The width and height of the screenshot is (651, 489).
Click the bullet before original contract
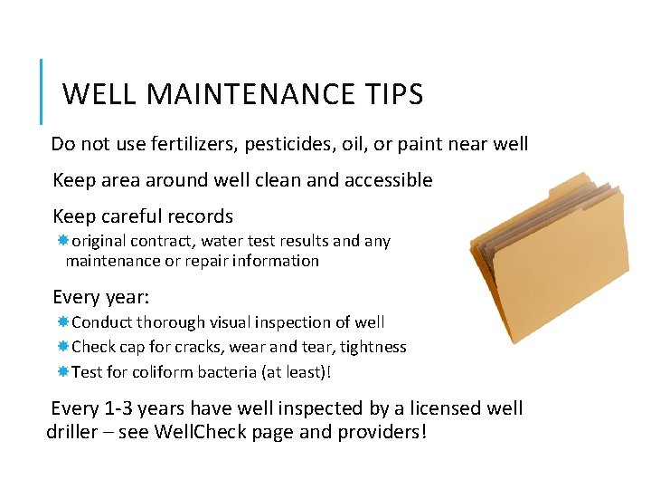tap(63, 241)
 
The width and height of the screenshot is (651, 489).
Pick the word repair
tap(223, 261)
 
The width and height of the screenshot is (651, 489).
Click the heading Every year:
tap(101, 297)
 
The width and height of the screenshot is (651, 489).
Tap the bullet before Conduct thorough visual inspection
tap(63, 321)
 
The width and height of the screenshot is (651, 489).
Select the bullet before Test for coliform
tap(63, 371)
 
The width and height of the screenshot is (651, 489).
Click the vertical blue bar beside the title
tap(42, 91)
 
